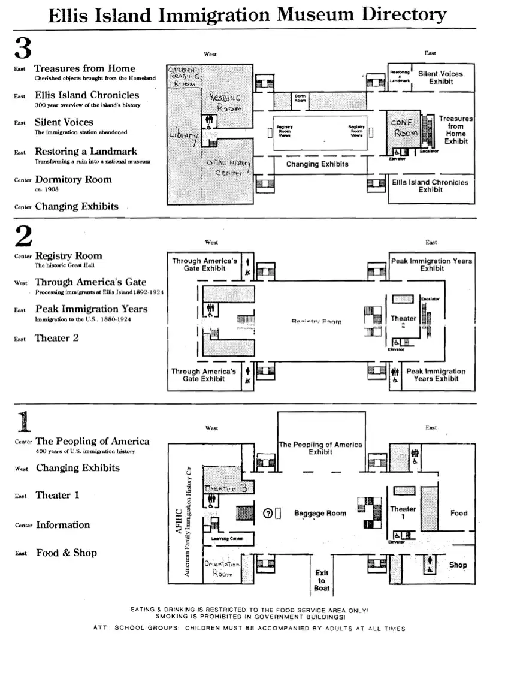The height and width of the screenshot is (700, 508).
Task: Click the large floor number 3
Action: click(23, 47)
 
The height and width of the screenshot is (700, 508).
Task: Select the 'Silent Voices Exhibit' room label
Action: click(440, 77)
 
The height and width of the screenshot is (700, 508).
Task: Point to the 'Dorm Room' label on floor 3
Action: click(300, 98)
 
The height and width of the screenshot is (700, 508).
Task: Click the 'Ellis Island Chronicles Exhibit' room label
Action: click(430, 186)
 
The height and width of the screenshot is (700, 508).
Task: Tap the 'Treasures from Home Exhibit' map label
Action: click(456, 130)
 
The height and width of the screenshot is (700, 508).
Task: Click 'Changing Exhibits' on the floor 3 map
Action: click(317, 164)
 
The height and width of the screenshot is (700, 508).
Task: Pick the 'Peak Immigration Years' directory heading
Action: click(91, 309)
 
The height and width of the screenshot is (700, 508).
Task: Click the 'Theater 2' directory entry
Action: click(57, 338)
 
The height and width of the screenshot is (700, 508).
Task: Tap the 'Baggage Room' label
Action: click(320, 513)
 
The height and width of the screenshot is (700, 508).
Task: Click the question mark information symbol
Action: click(268, 513)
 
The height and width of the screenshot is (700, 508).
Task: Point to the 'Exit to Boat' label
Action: click(322, 580)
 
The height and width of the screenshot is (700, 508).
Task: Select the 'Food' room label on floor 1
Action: click(459, 513)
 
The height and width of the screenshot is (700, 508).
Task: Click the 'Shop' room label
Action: click(458, 565)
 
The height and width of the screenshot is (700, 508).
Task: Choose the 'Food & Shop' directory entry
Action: click(66, 553)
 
